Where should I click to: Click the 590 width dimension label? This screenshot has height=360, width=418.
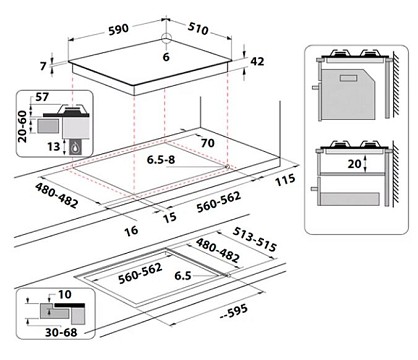(x=118, y=29)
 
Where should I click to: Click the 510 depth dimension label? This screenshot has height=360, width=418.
(x=198, y=29)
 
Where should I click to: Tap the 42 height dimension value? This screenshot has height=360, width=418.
(x=257, y=61)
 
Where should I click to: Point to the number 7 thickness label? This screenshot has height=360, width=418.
(x=43, y=66)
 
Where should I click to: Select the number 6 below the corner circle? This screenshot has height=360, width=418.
(x=166, y=57)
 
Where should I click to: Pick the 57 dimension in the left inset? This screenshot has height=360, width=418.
(x=42, y=97)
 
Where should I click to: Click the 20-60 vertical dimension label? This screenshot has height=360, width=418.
(x=22, y=127)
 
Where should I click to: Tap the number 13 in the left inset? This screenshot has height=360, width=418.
(x=53, y=146)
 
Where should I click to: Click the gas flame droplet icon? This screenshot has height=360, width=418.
(x=75, y=147)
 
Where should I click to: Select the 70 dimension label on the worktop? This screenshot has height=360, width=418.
(x=207, y=143)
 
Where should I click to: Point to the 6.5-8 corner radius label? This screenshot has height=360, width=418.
(x=161, y=160)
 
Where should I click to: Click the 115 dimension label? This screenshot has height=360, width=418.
(x=285, y=180)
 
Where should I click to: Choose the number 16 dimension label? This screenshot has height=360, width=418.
(x=131, y=230)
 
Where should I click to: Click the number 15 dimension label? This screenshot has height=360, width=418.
(x=169, y=217)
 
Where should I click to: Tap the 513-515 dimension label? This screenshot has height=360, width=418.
(x=255, y=240)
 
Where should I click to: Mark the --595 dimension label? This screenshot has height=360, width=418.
(x=234, y=312)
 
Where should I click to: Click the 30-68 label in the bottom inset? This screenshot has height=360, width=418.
(x=61, y=332)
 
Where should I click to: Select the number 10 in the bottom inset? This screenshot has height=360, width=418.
(x=65, y=294)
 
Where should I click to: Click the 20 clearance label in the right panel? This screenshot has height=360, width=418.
(x=354, y=164)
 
